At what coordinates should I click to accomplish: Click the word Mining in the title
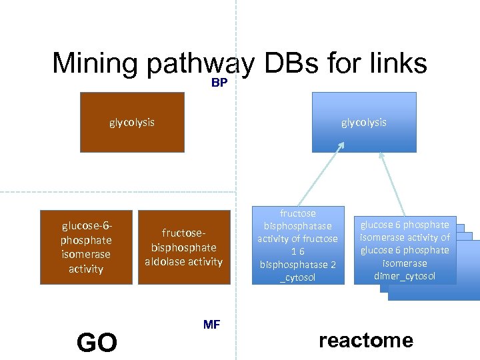tap(95, 63)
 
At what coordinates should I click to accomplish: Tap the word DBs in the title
tap(290, 63)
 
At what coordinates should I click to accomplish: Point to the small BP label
tap(219, 83)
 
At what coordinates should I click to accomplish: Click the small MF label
tap(211, 325)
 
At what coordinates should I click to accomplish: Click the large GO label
tap(97, 343)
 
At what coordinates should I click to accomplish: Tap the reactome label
tap(365, 341)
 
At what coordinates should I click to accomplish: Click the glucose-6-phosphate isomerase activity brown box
tap(86, 247)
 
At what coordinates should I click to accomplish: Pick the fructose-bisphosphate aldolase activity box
tap(183, 247)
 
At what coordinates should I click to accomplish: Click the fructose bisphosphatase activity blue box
tap(297, 245)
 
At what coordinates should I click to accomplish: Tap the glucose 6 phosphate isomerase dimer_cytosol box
tap(405, 250)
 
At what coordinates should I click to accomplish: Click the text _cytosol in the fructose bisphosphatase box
tap(297, 277)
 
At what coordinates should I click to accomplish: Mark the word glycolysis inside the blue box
tap(363, 123)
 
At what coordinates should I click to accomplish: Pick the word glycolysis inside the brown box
tap(132, 123)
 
